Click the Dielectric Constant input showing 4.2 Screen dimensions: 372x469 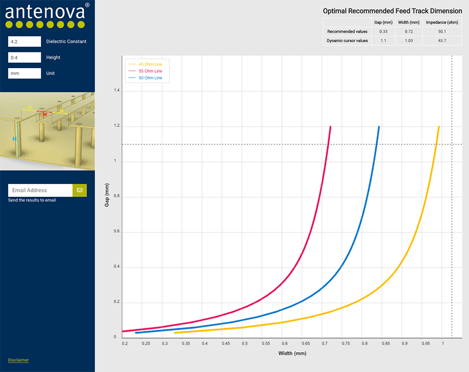click(x=24, y=42)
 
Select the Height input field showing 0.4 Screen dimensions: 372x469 click(x=24, y=57)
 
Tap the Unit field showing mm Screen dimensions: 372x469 click(x=24, y=73)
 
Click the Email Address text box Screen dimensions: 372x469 click(x=40, y=190)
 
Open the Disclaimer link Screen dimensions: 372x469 click(x=18, y=360)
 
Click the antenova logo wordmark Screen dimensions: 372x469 click(x=44, y=11)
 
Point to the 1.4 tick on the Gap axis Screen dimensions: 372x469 click(x=116, y=91)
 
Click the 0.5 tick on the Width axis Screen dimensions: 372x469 click(x=244, y=344)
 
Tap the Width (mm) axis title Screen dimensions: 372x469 click(x=292, y=354)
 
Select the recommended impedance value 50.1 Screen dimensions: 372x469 click(x=442, y=31)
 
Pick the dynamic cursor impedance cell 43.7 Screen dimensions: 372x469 click(x=442, y=41)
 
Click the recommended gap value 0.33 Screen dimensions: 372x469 click(x=383, y=31)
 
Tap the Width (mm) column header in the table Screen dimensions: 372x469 click(x=408, y=22)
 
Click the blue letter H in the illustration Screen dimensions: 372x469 click(x=15, y=139)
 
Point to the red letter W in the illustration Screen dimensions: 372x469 click(x=45, y=114)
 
